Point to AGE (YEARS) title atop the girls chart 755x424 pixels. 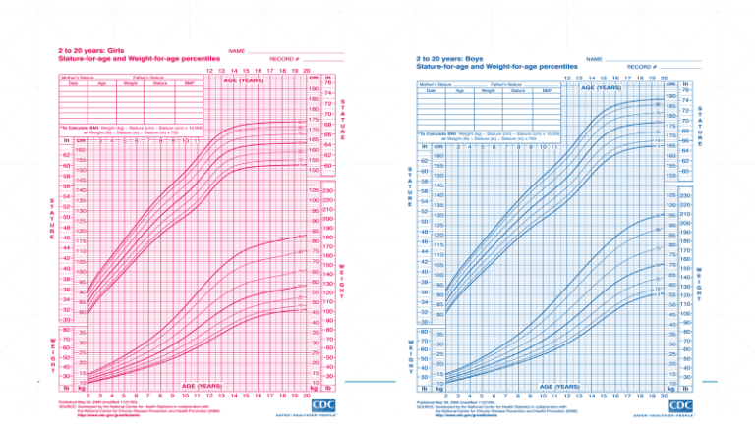[247, 81]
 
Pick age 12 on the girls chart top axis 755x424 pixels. [209, 71]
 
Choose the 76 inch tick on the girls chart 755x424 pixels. [327, 83]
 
